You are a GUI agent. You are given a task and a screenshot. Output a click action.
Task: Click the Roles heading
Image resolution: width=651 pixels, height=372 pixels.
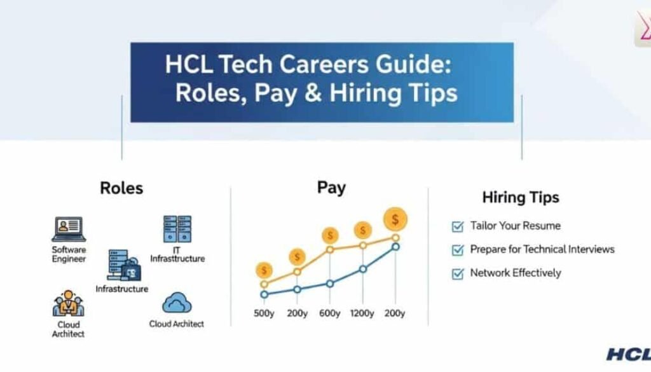(x=121, y=188)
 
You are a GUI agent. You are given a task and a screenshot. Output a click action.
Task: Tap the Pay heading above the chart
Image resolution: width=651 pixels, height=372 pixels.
(x=331, y=188)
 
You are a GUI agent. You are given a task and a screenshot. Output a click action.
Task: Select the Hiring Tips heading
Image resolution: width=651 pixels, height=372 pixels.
(x=521, y=197)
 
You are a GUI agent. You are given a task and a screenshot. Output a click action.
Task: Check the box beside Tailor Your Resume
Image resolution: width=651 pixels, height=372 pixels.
(x=458, y=226)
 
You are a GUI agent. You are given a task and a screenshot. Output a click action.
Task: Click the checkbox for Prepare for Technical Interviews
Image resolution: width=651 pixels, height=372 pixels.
(x=458, y=250)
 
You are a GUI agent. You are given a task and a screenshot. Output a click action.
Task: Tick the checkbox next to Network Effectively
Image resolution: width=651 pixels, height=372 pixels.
(x=458, y=273)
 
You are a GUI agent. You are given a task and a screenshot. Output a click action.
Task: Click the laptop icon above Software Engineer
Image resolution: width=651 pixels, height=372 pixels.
(x=69, y=229)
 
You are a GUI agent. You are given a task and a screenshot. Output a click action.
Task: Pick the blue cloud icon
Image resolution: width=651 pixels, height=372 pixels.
(x=177, y=303)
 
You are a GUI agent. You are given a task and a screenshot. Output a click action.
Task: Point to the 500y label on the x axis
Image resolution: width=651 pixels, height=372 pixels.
(x=264, y=313)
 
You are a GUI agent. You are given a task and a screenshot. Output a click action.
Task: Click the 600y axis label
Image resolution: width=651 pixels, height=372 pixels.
(x=330, y=313)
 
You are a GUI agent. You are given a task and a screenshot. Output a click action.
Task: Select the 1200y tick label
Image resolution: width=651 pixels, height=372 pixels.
(x=362, y=313)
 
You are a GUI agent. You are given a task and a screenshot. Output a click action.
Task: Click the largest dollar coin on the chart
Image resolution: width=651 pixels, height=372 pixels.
(x=395, y=219)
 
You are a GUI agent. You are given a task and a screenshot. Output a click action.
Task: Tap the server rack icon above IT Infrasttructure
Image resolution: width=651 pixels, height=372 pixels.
(x=177, y=229)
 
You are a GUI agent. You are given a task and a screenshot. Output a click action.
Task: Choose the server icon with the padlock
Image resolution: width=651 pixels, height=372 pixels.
(x=124, y=265)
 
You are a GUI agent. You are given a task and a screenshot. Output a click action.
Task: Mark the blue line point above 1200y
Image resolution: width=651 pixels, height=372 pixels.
(x=363, y=270)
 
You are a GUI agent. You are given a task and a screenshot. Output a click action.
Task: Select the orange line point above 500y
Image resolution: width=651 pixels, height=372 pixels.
(x=264, y=284)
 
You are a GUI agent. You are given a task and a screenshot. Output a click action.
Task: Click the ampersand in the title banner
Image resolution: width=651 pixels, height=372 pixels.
(x=313, y=93)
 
